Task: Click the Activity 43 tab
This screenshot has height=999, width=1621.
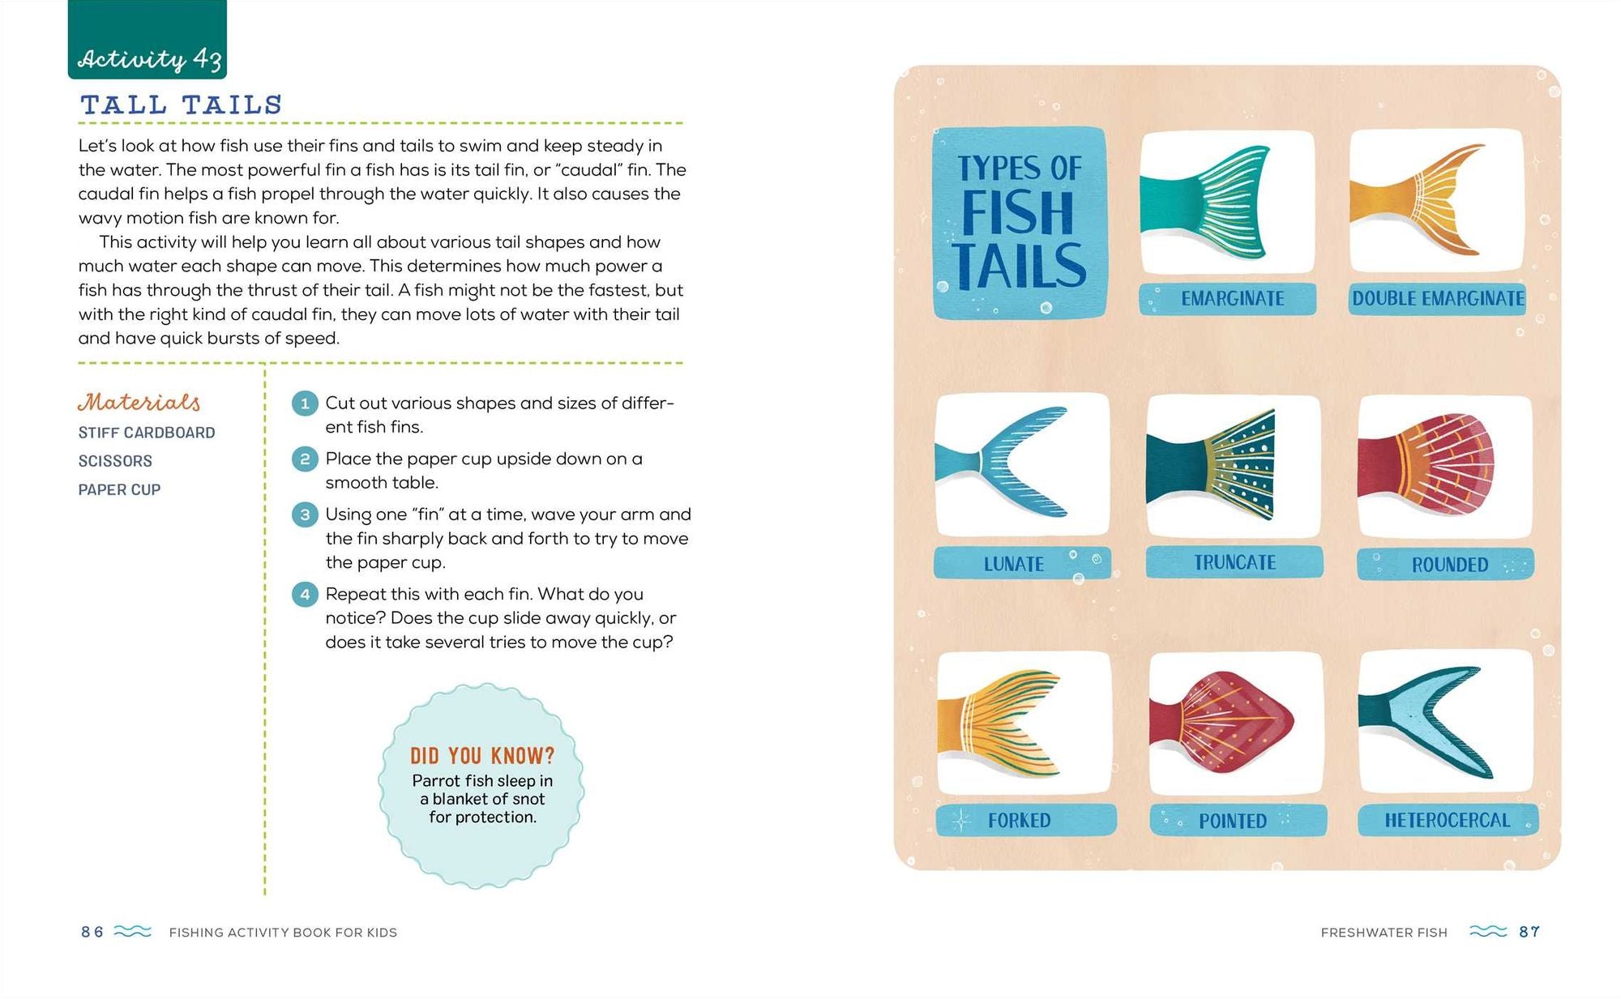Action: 147,40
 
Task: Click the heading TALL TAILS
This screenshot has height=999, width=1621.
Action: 181,105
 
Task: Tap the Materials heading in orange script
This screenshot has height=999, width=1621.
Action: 139,402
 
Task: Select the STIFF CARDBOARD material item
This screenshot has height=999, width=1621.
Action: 147,433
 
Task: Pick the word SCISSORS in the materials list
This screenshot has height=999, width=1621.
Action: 115,461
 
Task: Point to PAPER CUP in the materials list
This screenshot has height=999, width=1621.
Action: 119,489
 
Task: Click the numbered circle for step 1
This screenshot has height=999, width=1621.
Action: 305,403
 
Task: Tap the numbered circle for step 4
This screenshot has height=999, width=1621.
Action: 305,595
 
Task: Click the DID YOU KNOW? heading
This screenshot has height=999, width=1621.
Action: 482,756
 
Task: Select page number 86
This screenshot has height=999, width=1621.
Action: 92,932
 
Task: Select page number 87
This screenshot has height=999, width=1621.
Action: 1529,932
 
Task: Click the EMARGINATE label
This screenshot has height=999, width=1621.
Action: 1232,299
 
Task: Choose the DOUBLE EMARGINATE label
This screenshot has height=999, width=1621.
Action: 1438,298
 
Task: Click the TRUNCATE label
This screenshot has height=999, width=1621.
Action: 1234,562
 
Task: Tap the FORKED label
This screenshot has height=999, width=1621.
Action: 1019,821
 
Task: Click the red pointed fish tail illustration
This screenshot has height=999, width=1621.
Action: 1222,722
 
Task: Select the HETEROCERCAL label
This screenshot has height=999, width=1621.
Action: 1448,820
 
